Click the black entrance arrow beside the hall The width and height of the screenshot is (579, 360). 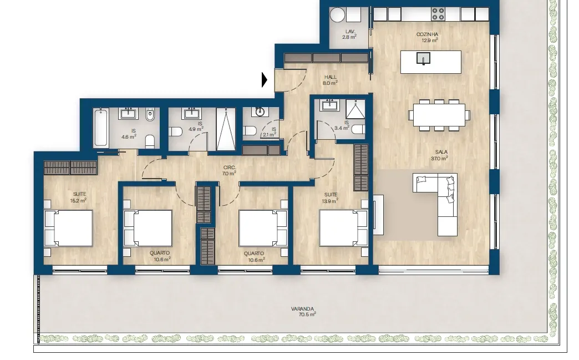click(264, 80)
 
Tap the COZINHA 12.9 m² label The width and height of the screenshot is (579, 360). click(428, 37)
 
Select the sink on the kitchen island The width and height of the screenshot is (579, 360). click(424, 58)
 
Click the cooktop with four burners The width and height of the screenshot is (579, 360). click(438, 14)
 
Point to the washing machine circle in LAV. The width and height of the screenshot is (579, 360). click(337, 16)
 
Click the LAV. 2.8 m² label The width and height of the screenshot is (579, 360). click(350, 34)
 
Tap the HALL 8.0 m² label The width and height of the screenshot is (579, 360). click(331, 80)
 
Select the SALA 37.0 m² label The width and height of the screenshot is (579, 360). click(440, 155)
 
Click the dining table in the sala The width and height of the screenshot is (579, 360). click(439, 115)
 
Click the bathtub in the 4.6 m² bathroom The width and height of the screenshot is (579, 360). click(101, 128)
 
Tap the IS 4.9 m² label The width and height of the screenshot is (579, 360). click(196, 126)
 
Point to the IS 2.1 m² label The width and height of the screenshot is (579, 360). click(270, 132)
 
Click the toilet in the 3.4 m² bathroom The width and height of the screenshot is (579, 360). click(358, 129)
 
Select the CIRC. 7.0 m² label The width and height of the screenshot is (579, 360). click(229, 170)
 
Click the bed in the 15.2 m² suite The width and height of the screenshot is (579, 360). click(68, 228)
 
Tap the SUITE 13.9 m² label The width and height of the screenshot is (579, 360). click(331, 198)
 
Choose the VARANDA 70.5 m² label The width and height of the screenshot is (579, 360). click(303, 312)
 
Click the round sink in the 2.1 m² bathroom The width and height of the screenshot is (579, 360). click(260, 111)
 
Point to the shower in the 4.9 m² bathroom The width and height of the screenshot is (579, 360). click(226, 129)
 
